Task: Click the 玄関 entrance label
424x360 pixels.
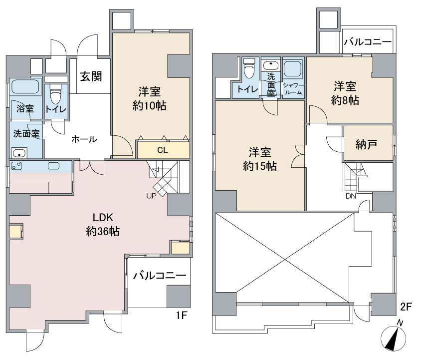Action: (x=91, y=76)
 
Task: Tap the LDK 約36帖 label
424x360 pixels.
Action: (x=103, y=224)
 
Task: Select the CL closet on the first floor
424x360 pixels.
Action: (x=163, y=150)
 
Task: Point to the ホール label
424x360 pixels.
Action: (x=84, y=139)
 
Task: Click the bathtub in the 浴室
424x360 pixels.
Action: (x=24, y=86)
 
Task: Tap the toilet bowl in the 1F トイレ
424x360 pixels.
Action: (x=56, y=94)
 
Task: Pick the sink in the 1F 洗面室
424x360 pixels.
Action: (x=18, y=153)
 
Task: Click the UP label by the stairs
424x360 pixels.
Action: (x=151, y=196)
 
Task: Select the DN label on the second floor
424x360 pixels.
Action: (x=351, y=196)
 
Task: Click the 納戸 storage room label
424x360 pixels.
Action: (x=367, y=144)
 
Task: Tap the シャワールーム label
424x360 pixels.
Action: (x=294, y=89)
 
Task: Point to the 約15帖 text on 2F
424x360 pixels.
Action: (x=260, y=166)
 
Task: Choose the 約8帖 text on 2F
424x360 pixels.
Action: (x=345, y=100)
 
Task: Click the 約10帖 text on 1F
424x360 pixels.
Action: (x=150, y=105)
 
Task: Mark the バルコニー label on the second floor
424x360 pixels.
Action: (x=368, y=42)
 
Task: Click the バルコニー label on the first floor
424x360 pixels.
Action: (x=160, y=276)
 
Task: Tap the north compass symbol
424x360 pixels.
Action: (x=394, y=337)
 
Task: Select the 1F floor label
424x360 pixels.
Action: (x=182, y=315)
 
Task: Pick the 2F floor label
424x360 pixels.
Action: (x=406, y=307)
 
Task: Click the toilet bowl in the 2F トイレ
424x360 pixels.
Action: (x=248, y=69)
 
